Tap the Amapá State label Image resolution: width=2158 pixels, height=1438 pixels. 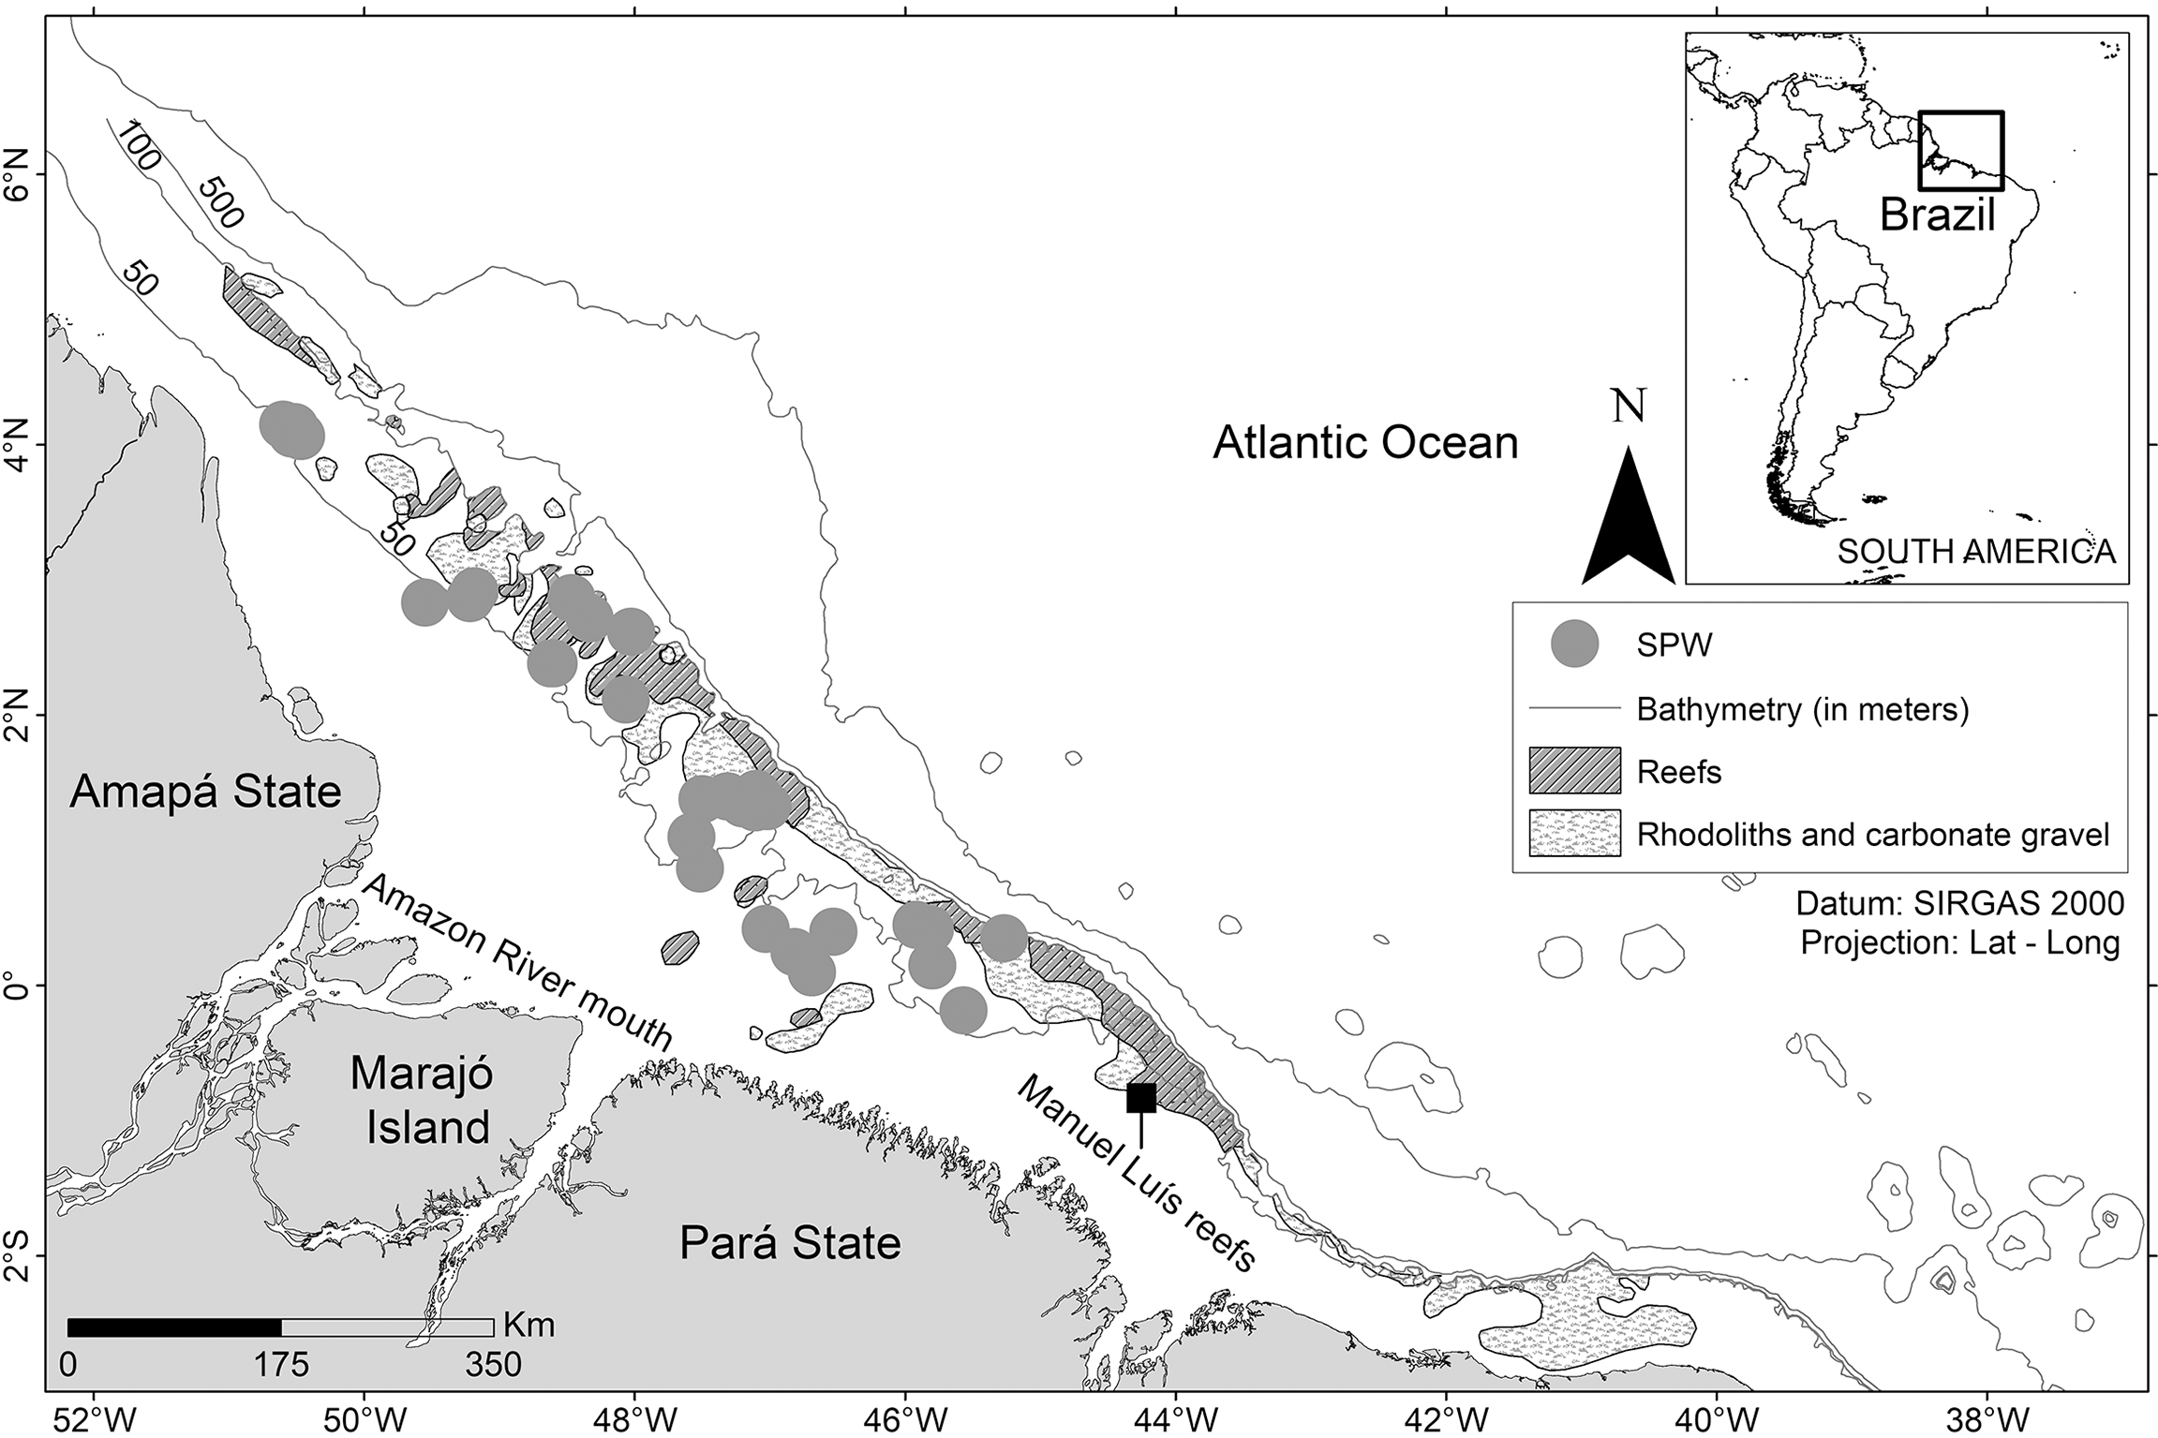[x=205, y=793]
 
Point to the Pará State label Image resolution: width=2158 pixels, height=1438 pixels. [x=790, y=1243]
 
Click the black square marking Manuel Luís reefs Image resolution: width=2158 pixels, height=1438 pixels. [x=1140, y=1097]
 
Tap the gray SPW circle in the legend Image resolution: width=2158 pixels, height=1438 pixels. [x=1574, y=645]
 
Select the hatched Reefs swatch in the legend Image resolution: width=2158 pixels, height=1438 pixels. [x=1574, y=771]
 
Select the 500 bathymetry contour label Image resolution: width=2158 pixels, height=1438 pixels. [x=221, y=202]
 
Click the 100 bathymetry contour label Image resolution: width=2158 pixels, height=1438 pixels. [x=137, y=146]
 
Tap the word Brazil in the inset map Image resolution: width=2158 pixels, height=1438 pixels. [x=1937, y=215]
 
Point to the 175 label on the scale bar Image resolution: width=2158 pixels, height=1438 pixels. [x=282, y=1365]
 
